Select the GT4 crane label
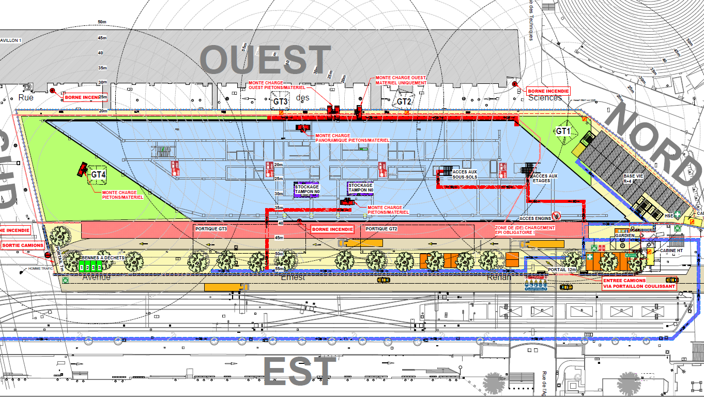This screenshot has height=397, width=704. click(98, 175)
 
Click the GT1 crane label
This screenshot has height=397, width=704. click(563, 131)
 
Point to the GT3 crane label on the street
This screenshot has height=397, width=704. click(280, 102)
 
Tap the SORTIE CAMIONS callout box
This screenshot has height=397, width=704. click(22, 245)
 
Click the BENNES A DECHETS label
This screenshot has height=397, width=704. click(102, 257)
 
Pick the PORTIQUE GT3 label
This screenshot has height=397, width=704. click(211, 228)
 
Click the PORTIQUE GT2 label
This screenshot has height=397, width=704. click(381, 228)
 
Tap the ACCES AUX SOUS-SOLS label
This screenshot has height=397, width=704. click(465, 174)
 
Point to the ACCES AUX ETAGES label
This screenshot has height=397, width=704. click(545, 179)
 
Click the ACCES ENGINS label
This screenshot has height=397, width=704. click(535, 218)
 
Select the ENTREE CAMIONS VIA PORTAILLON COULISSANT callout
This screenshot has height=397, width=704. click(639, 283)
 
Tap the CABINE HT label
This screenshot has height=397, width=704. click(671, 251)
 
